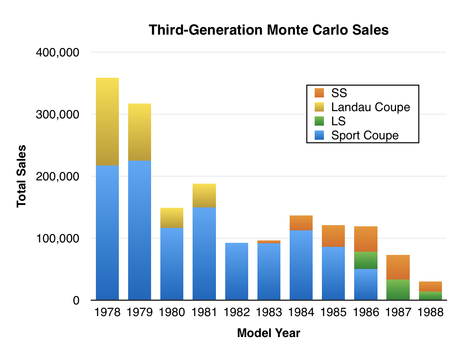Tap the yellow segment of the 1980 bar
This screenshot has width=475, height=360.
(x=172, y=218)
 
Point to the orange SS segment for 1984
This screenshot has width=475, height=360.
(x=301, y=223)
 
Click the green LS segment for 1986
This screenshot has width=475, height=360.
(x=366, y=260)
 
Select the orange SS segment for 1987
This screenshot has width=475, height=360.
(x=398, y=267)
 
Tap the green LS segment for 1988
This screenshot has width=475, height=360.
(x=430, y=296)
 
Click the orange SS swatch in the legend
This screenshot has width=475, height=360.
(x=319, y=93)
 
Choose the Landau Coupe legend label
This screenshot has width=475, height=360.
(x=370, y=107)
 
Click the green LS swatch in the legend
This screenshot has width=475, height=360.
(x=319, y=121)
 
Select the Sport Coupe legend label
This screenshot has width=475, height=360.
(x=365, y=135)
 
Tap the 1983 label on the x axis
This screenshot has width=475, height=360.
(x=269, y=312)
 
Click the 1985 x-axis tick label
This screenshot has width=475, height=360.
(x=334, y=312)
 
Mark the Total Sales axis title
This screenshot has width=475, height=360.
(x=22, y=176)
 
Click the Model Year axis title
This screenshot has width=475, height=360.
(x=268, y=333)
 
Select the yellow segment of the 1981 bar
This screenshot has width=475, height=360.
(x=204, y=196)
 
